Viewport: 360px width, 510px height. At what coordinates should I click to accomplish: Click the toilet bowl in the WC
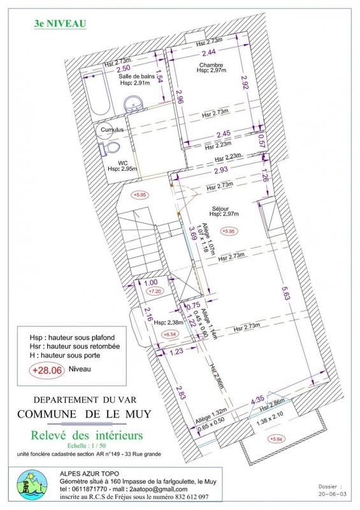click(107, 149)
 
